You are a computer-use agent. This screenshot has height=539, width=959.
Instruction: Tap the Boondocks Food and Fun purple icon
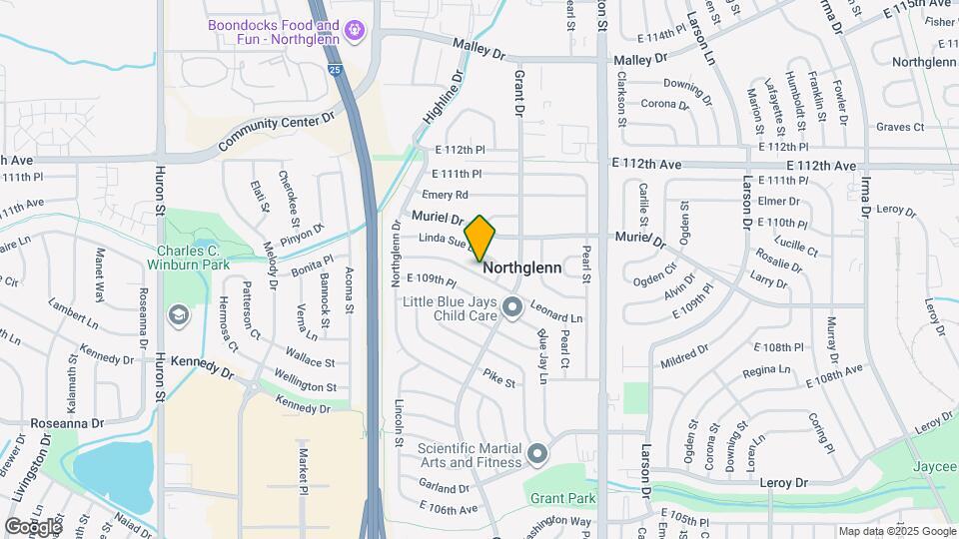pyautogui.click(x=353, y=32)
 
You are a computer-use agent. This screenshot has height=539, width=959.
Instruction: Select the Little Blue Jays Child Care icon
pyautogui.click(x=512, y=306)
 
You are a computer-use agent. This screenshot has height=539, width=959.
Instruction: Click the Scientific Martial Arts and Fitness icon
pyautogui.click(x=537, y=454)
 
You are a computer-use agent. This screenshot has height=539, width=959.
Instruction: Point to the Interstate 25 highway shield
pyautogui.click(x=334, y=70)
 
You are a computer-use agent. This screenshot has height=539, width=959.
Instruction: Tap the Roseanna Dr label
pyautogui.click(x=69, y=423)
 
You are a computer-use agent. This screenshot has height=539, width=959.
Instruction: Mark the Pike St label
pyautogui.click(x=498, y=380)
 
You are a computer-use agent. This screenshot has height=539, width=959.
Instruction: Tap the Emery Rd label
pyautogui.click(x=446, y=195)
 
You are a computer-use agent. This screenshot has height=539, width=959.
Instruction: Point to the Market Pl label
pyautogui.click(x=303, y=470)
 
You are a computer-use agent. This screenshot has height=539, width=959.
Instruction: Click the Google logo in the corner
pyautogui.click(x=33, y=526)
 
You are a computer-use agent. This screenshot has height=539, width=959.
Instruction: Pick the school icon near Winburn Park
pyautogui.click(x=178, y=316)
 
